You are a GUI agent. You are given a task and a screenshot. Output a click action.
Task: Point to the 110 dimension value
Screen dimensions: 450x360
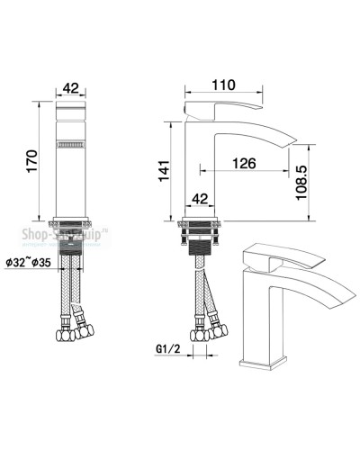tap(222, 85)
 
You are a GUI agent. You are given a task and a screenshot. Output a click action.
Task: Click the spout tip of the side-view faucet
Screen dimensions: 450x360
tap(289, 142)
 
